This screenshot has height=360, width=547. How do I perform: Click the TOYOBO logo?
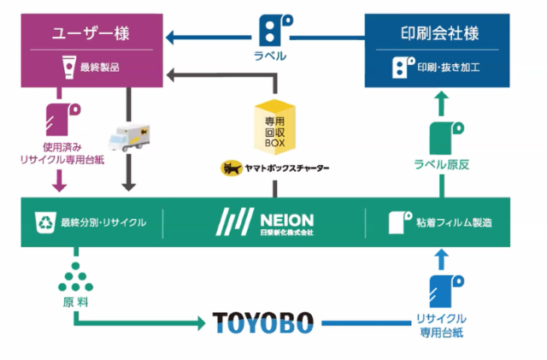point(262,323)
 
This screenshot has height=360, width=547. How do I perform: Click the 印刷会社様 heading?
point(438,34)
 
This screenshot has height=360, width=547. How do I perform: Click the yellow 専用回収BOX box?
point(273,127)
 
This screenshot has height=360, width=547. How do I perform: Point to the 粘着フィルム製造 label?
point(450,223)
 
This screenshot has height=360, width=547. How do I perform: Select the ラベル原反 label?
point(441,165)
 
